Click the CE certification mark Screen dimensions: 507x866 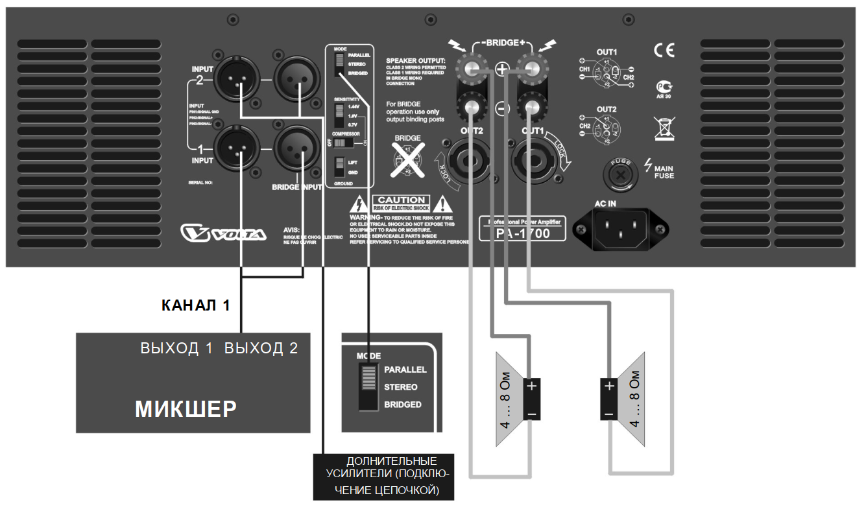coord(664,51)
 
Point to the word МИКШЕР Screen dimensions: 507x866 coord(186,409)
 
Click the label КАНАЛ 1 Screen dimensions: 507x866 coord(195,305)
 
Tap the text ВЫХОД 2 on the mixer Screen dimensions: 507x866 coord(261,348)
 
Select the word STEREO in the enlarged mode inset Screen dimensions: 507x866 coord(401,387)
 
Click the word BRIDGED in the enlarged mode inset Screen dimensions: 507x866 coord(403,405)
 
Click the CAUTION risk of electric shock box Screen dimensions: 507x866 coord(401,202)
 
